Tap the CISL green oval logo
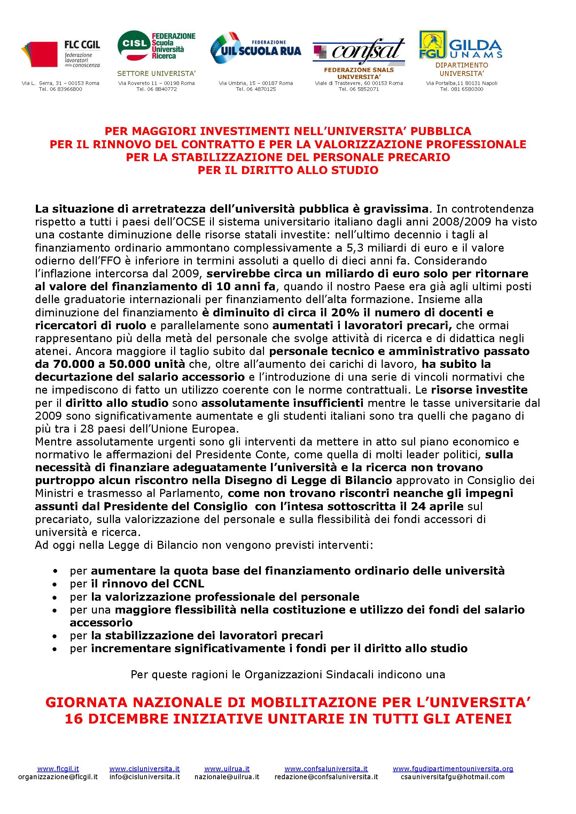tap(134, 45)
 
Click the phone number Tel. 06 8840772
tap(156, 89)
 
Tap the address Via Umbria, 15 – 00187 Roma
tap(256, 83)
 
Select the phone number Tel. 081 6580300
tap(461, 89)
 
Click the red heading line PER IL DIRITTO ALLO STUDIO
tap(288, 170)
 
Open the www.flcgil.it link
tap(58, 769)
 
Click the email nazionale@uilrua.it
tap(227, 777)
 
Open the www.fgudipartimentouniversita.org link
tap(453, 769)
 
